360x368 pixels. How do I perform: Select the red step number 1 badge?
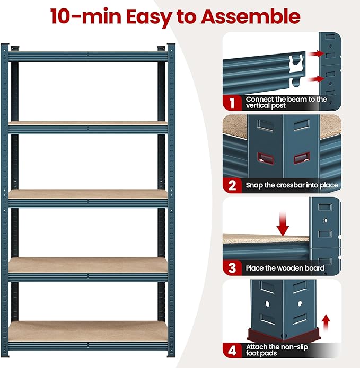tap(232, 102)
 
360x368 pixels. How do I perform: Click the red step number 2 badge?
tap(232, 185)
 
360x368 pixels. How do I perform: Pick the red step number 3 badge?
tap(232, 267)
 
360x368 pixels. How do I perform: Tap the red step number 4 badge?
tap(232, 350)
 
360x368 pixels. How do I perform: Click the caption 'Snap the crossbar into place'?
tap(292, 185)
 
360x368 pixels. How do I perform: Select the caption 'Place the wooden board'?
tap(285, 268)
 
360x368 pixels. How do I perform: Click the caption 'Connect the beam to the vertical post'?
tap(286, 102)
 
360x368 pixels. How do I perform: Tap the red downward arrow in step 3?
tap(283, 223)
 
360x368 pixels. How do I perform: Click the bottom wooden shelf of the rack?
tap(87, 331)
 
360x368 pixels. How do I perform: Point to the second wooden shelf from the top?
tap(87, 194)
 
